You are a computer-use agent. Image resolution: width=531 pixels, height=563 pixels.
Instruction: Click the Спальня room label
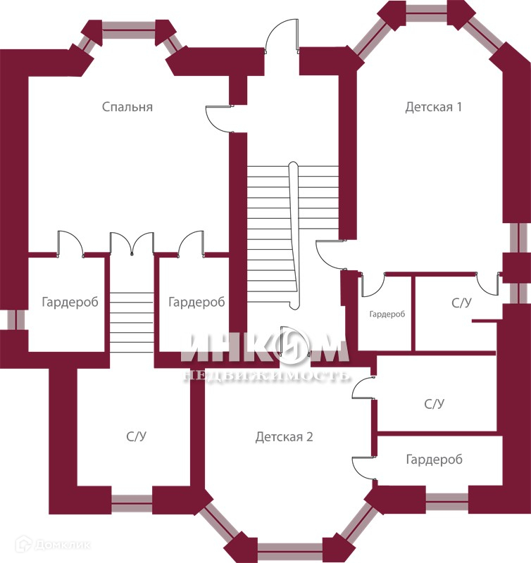(x=127, y=107)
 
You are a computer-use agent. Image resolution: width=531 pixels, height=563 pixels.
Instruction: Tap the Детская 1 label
(x=433, y=107)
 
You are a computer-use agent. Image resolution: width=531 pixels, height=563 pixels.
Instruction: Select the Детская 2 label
(x=284, y=437)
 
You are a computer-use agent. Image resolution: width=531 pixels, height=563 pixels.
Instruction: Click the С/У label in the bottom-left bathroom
(x=136, y=436)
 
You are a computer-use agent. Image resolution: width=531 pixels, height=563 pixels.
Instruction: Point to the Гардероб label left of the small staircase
(x=70, y=302)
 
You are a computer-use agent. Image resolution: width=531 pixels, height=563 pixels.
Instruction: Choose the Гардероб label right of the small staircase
(x=196, y=302)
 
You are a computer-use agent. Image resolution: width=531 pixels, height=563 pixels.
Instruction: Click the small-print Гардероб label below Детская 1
(x=387, y=314)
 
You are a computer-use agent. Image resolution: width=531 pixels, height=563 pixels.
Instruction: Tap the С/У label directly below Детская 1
(x=461, y=303)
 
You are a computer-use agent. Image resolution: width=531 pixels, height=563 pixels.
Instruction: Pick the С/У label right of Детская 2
(x=434, y=404)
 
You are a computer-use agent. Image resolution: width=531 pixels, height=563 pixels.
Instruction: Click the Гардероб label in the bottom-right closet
(x=434, y=460)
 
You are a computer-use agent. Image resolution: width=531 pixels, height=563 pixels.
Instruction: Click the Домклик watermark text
(x=63, y=545)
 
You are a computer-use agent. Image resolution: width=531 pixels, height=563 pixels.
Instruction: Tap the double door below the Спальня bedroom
(x=132, y=243)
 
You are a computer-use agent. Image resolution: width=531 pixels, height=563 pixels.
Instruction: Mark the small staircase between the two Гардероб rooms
(x=132, y=322)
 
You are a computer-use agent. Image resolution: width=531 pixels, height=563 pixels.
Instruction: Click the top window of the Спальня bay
(x=129, y=30)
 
